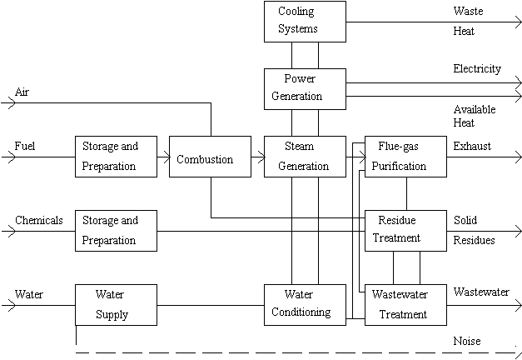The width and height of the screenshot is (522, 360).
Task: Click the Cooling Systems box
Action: coord(305,22)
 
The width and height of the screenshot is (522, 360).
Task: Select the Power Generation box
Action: coord(305,87)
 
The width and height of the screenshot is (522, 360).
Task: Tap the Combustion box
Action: coord(210,156)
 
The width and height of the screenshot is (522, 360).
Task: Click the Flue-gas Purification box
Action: coord(405,156)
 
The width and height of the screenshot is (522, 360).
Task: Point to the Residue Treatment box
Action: coord(405,229)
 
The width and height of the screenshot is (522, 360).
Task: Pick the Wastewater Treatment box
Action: coord(405,305)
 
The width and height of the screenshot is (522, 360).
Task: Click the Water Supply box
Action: coord(116,305)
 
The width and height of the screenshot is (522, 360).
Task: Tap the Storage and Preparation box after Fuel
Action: coord(116,156)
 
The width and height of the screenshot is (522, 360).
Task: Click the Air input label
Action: coord(22,91)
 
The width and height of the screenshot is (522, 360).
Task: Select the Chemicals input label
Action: coord(39,221)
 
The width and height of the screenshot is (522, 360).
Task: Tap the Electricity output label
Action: coord(477,69)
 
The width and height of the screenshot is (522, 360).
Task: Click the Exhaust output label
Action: coord(472,146)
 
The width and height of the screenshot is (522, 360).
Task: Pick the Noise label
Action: coord(467,341)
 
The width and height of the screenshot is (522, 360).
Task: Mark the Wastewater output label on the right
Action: coord(481,292)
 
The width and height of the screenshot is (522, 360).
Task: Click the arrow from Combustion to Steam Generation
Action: coord(257,156)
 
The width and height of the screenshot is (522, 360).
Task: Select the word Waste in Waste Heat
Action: coord(468,12)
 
